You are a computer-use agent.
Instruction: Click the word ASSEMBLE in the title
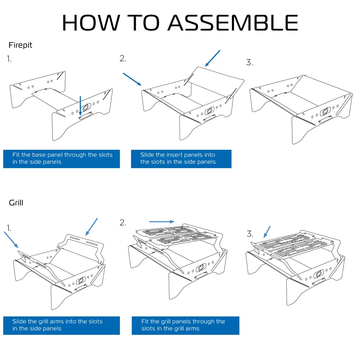[x=233, y=23]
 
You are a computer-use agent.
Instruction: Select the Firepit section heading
[x=21, y=45]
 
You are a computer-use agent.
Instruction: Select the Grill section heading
[x=16, y=203]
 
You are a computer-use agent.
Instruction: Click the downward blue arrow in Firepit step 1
[x=80, y=106]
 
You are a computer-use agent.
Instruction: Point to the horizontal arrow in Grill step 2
[x=162, y=222]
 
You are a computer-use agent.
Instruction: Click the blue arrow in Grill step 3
[x=267, y=232]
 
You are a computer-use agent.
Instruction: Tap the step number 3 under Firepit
[x=249, y=62]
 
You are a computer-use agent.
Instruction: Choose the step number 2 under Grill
[x=123, y=222]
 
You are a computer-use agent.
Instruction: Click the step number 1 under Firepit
[x=9, y=59]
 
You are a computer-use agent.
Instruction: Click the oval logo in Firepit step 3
[x=325, y=111]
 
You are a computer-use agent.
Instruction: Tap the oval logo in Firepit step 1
[x=86, y=108]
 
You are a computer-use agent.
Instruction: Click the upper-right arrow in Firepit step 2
[x=212, y=58]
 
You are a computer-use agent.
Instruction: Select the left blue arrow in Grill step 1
[x=11, y=239]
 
